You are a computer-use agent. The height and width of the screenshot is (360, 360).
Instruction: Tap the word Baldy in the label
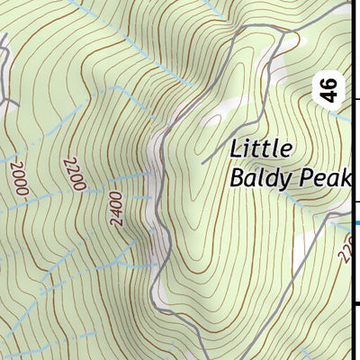[x=256, y=177]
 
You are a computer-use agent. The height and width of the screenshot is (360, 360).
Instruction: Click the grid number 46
[x=330, y=90]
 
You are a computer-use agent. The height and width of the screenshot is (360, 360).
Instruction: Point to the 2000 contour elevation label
[x=21, y=177]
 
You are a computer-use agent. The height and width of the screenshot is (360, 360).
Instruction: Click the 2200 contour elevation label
[x=74, y=174]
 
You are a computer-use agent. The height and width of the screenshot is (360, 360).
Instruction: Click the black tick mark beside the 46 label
[x=355, y=100]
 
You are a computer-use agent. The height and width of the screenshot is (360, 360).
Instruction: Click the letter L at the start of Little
[x=236, y=148]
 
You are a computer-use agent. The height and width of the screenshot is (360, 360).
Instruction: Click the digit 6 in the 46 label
[x=330, y=84]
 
